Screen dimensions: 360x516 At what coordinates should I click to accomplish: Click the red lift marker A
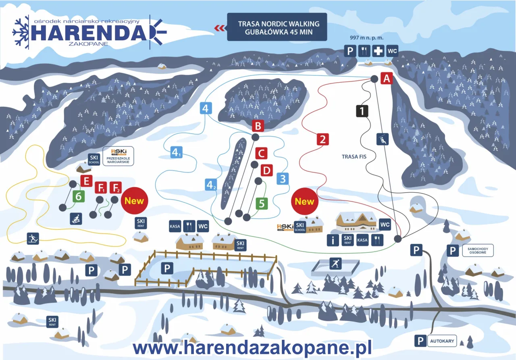(387, 78)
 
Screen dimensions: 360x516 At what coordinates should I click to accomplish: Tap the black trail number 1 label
(362, 111)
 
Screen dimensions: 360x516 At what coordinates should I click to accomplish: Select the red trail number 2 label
(322, 139)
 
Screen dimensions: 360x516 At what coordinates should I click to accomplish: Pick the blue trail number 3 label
(283, 178)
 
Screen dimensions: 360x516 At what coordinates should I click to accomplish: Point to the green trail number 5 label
(262, 204)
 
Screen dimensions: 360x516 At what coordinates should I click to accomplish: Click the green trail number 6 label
(79, 196)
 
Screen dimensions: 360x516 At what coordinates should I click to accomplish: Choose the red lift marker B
(258, 126)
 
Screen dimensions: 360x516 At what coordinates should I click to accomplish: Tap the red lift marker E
(86, 181)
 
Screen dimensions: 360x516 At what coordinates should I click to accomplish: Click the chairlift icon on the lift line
(382, 139)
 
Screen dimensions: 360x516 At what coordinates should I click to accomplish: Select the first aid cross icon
(378, 51)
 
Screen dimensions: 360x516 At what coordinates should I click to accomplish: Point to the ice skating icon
(335, 264)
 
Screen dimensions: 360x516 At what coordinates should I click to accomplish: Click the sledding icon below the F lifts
(76, 219)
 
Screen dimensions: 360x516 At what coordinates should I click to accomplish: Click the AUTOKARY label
(441, 341)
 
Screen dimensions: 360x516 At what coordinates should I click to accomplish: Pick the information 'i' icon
(333, 240)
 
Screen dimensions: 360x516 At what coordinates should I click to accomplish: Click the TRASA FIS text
(354, 157)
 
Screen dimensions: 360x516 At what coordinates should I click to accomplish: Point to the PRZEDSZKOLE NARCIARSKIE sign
(118, 156)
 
